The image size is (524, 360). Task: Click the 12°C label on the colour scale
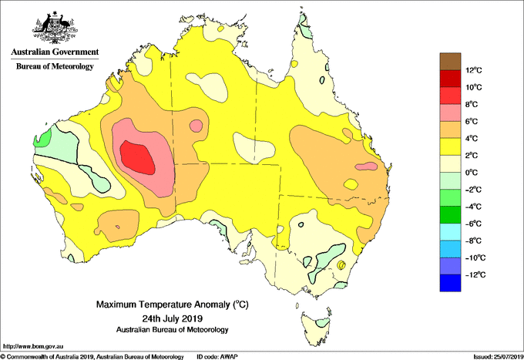click(474, 70)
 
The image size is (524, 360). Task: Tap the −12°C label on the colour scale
click(475, 274)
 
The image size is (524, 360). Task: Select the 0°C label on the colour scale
click(472, 173)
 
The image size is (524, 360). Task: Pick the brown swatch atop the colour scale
click(450, 62)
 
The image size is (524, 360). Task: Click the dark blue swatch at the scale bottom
click(450, 283)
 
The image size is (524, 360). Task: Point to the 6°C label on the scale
click(472, 121)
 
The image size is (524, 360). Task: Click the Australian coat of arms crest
click(55, 28)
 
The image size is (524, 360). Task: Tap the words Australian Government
click(55, 52)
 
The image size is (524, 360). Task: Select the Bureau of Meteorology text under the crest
click(55, 66)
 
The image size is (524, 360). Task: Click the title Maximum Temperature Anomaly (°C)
click(173, 304)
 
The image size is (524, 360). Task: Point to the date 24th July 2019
click(173, 318)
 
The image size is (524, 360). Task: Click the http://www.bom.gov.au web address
click(33, 347)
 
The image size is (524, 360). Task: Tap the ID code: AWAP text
click(217, 357)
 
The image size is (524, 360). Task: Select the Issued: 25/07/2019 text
click(499, 357)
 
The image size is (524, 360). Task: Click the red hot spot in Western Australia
click(137, 157)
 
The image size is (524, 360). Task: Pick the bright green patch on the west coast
click(42, 138)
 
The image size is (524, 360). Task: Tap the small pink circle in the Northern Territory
click(196, 126)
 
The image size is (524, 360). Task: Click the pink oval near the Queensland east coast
click(366, 167)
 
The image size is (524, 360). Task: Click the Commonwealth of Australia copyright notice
click(92, 357)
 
